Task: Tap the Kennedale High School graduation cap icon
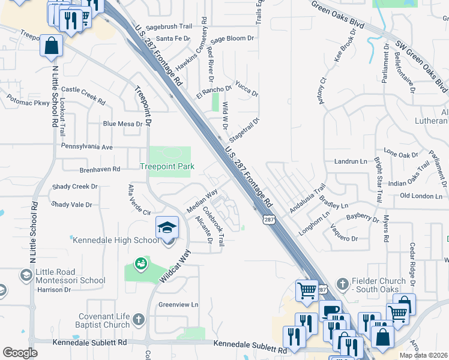tap(167, 227)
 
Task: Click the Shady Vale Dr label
tap(71, 205)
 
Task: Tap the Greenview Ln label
tap(178, 305)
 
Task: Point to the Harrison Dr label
tap(53, 290)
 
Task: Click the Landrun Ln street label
tap(350, 162)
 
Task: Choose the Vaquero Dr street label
tap(344, 233)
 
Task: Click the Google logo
tap(20, 353)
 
